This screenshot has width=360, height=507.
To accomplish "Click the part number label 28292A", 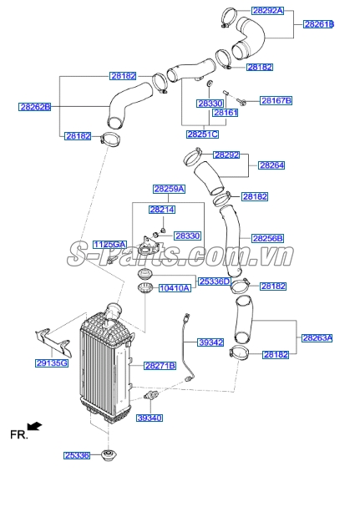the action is [267, 11].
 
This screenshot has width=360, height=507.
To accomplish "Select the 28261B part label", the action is [318, 24].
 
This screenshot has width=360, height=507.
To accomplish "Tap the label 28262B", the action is [34, 107].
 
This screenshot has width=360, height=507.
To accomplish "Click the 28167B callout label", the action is [276, 100].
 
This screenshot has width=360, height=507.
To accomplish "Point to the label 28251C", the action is [202, 134].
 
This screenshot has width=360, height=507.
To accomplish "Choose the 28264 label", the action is [271, 165].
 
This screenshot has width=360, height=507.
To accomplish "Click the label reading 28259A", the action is [169, 189].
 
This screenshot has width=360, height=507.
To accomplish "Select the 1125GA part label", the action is [109, 245].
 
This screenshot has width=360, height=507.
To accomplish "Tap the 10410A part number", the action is [175, 288].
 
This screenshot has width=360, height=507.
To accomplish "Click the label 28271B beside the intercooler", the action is [160, 366].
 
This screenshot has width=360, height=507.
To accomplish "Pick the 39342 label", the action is [210, 342].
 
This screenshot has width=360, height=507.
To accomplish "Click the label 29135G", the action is [52, 363].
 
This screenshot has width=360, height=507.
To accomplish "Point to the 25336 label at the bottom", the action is [77, 455].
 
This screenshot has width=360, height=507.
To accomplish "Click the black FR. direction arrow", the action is [34, 426].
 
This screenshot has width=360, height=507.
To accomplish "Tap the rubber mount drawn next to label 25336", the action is [109, 455].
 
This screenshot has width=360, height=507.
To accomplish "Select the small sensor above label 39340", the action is [150, 395].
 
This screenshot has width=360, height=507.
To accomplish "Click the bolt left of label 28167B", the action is [241, 102].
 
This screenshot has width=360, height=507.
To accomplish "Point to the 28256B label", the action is [267, 239].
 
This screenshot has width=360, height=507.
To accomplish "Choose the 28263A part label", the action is [317, 338].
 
